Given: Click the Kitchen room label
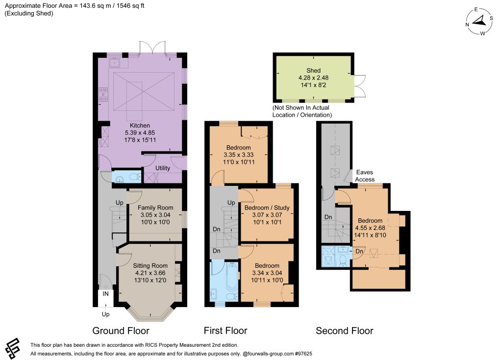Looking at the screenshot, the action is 140,126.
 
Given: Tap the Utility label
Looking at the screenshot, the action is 163,168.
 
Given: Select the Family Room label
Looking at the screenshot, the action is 155,207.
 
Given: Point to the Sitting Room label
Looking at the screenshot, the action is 150,265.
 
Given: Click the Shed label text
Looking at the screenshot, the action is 313,71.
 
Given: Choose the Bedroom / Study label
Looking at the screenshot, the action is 267,207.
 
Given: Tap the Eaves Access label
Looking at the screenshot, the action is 365,176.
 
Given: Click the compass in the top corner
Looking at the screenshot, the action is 479,21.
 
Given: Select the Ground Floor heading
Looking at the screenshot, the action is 121,331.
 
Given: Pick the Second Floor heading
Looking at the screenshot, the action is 345,331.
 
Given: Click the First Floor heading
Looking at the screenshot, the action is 226,331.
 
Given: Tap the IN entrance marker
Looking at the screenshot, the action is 106,294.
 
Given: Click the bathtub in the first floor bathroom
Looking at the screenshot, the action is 231,277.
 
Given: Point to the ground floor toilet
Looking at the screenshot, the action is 136,176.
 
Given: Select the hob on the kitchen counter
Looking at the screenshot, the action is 103,95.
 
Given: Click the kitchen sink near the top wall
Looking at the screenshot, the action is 114,63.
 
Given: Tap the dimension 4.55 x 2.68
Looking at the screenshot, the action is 370,228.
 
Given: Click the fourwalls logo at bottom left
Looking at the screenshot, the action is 12,348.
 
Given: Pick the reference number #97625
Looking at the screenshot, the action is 303,354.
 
